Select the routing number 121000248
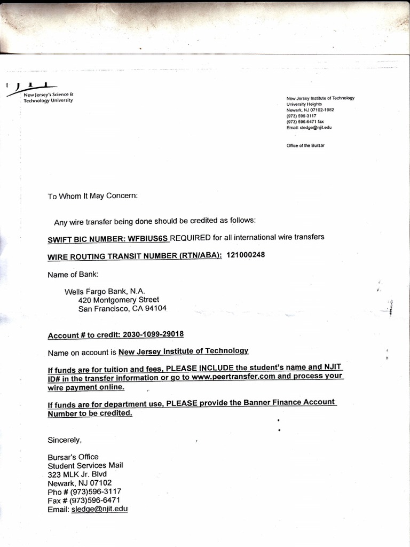coord(246,255)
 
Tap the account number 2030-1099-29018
coord(153,334)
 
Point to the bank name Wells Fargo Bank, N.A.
coord(105,292)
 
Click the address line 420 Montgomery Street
coord(119,300)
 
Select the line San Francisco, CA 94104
coord(122,308)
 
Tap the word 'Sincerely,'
coord(65,440)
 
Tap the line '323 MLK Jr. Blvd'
coord(77,474)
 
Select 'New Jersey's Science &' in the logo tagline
coord(51,95)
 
